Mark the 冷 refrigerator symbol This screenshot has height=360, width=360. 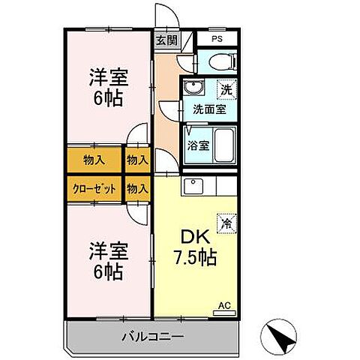point(224,222)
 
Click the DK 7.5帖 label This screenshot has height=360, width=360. point(193,247)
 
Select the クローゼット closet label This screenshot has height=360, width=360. point(94,187)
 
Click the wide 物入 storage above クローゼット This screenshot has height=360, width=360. point(94,159)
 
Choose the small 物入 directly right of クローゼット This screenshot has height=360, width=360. point(136,187)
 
